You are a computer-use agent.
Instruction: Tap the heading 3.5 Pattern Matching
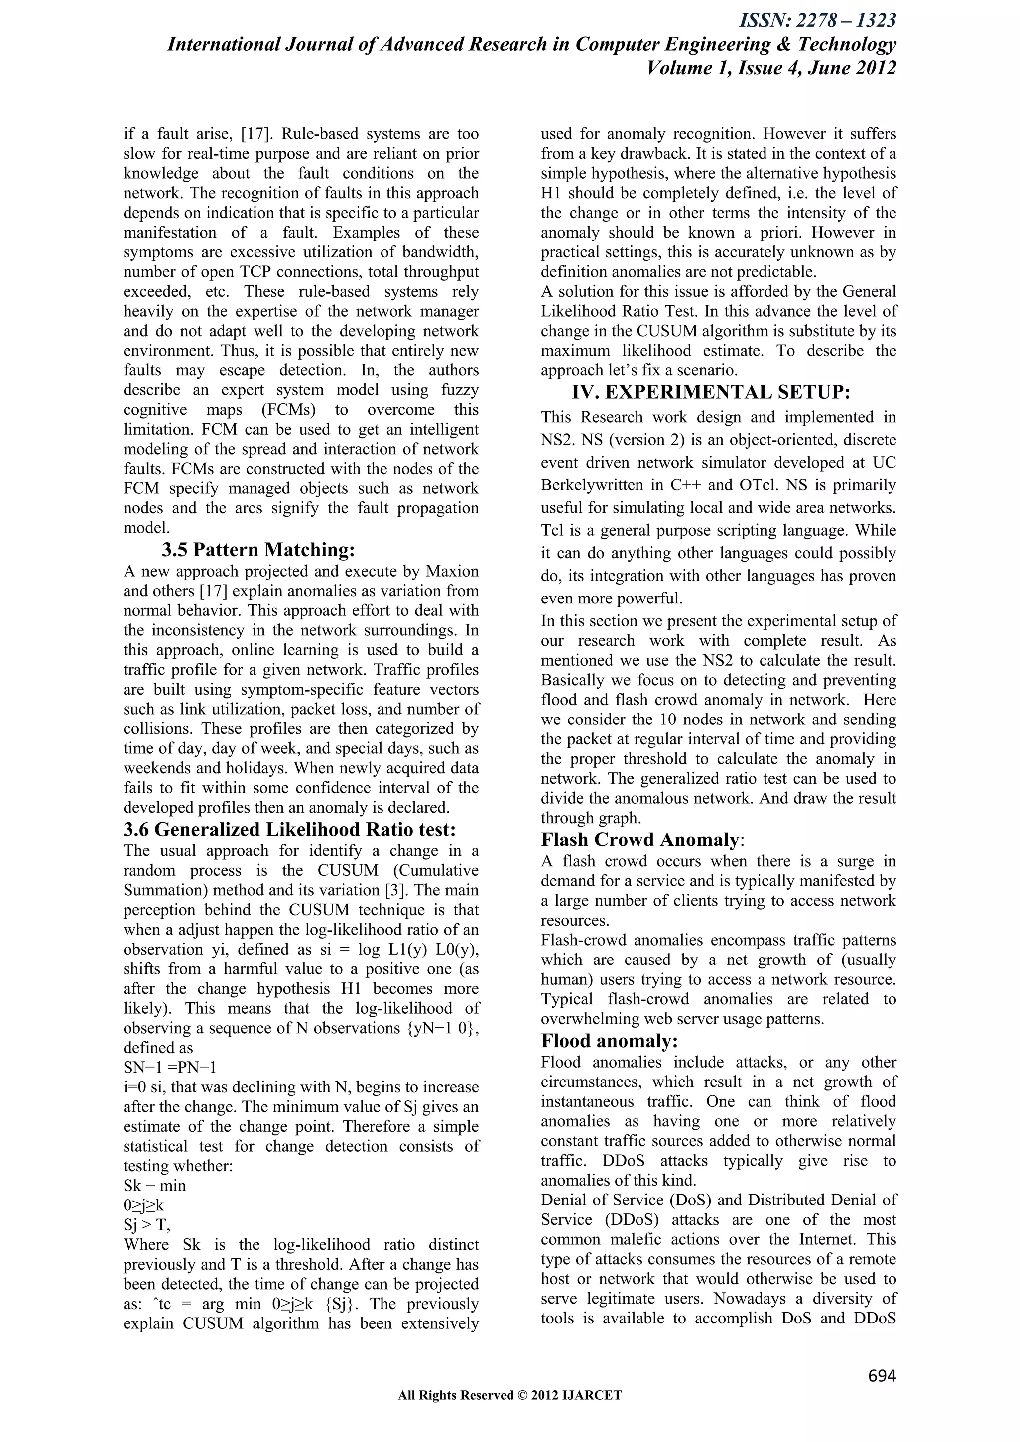(x=258, y=550)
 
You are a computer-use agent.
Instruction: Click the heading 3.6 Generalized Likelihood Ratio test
(x=289, y=829)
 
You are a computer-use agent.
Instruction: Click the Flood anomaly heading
(x=609, y=1041)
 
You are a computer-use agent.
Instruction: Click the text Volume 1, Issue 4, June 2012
(x=770, y=68)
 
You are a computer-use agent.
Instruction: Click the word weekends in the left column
(x=158, y=768)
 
